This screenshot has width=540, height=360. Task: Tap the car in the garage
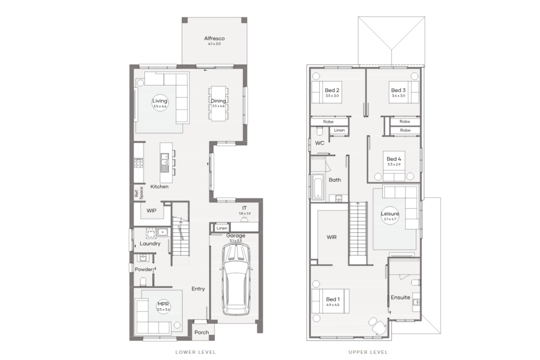pyautogui.click(x=236, y=279)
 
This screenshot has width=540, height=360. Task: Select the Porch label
pyautogui.click(x=202, y=332)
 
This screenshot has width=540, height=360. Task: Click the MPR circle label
pyautogui.click(x=163, y=306)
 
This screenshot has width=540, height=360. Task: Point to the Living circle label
pyautogui.click(x=160, y=103)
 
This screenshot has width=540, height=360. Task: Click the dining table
pyautogui.click(x=218, y=103)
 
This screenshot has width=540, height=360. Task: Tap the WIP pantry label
pyautogui.click(x=151, y=211)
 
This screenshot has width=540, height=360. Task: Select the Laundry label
pyautogui.click(x=150, y=244)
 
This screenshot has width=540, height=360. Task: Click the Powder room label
pyautogui.click(x=143, y=269)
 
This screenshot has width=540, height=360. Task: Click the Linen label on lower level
pyautogui.click(x=222, y=228)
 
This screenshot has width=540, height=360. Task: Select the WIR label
pyautogui.click(x=332, y=237)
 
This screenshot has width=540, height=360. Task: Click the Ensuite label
pyautogui.click(x=400, y=297)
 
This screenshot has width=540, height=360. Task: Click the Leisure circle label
pyautogui.click(x=390, y=216)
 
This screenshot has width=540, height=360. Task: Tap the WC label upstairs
pyautogui.click(x=320, y=143)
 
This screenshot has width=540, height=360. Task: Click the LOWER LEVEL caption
pyautogui.click(x=196, y=352)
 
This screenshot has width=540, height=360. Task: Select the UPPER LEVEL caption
pyautogui.click(x=368, y=352)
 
